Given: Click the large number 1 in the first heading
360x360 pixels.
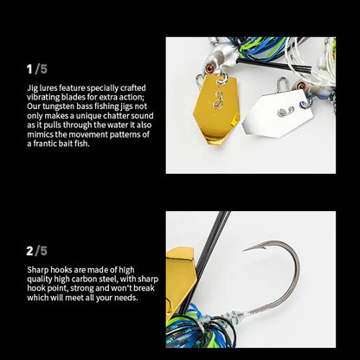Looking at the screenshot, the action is (x=29, y=69).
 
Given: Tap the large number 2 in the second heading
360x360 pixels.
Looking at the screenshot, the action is (x=29, y=251).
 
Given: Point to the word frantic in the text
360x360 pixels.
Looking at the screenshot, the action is (x=45, y=144).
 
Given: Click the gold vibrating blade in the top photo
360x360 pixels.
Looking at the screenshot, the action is (x=216, y=110).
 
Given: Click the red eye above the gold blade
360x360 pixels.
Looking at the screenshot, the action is (x=209, y=69).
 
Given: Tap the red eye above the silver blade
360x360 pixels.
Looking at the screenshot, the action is (x=301, y=86).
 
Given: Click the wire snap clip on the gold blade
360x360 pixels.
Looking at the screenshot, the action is (x=200, y=81).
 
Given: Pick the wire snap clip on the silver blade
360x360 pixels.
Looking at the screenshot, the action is (x=282, y=85).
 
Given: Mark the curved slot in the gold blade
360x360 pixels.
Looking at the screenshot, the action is (x=218, y=100).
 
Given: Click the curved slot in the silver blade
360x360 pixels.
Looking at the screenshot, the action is (x=286, y=112).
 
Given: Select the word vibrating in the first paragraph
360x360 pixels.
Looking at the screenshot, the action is (x=43, y=98).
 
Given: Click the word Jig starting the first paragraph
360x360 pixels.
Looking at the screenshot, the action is (x=32, y=88).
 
